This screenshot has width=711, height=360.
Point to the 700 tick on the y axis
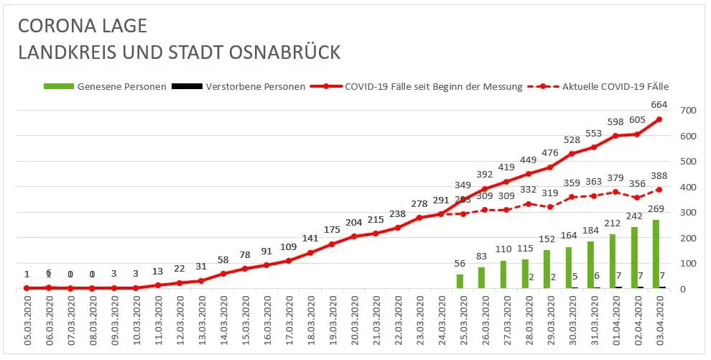pyautogui.click(x=687, y=110)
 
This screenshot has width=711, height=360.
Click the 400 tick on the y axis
pyautogui.click(x=687, y=187)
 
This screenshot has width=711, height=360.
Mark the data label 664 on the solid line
pyautogui.click(x=659, y=106)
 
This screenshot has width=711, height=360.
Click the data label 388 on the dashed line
pyautogui.click(x=659, y=176)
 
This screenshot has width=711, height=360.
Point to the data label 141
pyautogui.click(x=310, y=239)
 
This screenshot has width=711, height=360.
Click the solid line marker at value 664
pyautogui.click(x=659, y=119)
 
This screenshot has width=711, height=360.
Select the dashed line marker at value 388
pyautogui.click(x=659, y=190)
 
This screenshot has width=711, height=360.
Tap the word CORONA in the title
pyautogui.click(x=54, y=27)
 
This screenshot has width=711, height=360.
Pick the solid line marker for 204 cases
pyautogui.click(x=354, y=236)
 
